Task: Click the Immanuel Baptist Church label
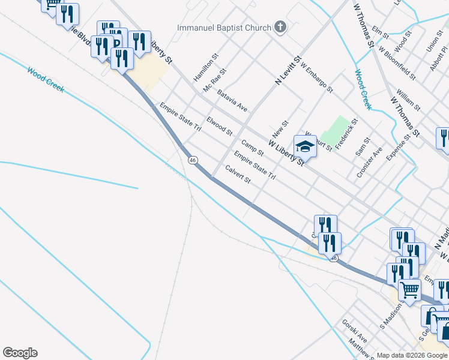click(x=223, y=28)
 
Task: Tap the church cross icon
click(x=279, y=27)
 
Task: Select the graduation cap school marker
click(x=305, y=146)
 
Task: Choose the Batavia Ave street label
click(x=232, y=101)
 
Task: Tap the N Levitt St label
click(x=288, y=70)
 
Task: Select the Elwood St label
click(x=219, y=126)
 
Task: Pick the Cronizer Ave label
click(x=369, y=161)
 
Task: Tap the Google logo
click(x=20, y=353)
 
